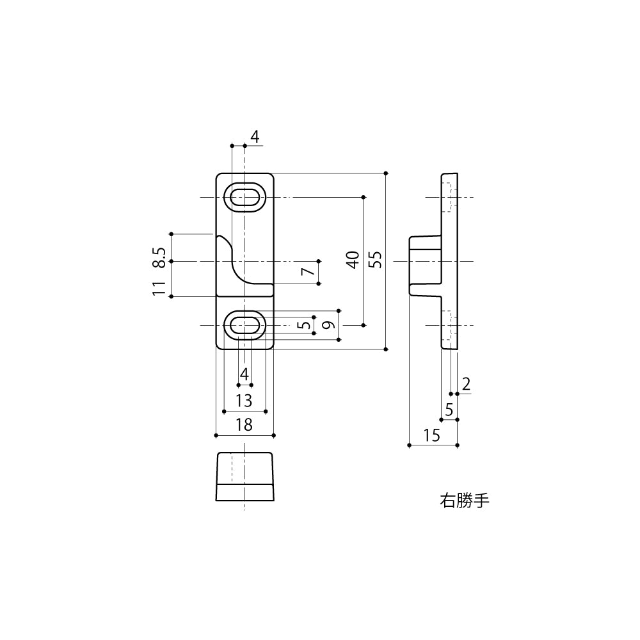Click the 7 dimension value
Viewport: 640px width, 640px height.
point(308,272)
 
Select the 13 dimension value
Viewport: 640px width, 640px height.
point(244,401)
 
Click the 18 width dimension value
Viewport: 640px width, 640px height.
point(244,425)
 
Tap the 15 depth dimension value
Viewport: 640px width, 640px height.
point(432,436)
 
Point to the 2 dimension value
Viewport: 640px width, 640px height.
point(466,384)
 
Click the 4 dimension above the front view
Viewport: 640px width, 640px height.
point(254,137)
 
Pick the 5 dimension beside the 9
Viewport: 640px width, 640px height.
point(305,325)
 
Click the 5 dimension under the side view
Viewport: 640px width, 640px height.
point(449,410)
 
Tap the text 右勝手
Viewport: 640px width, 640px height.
point(464,500)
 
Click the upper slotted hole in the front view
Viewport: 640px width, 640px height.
point(244,197)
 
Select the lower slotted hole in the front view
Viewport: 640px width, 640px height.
point(244,325)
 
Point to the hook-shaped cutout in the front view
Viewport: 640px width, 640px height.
point(234,262)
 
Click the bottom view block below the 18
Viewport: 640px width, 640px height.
point(244,476)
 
